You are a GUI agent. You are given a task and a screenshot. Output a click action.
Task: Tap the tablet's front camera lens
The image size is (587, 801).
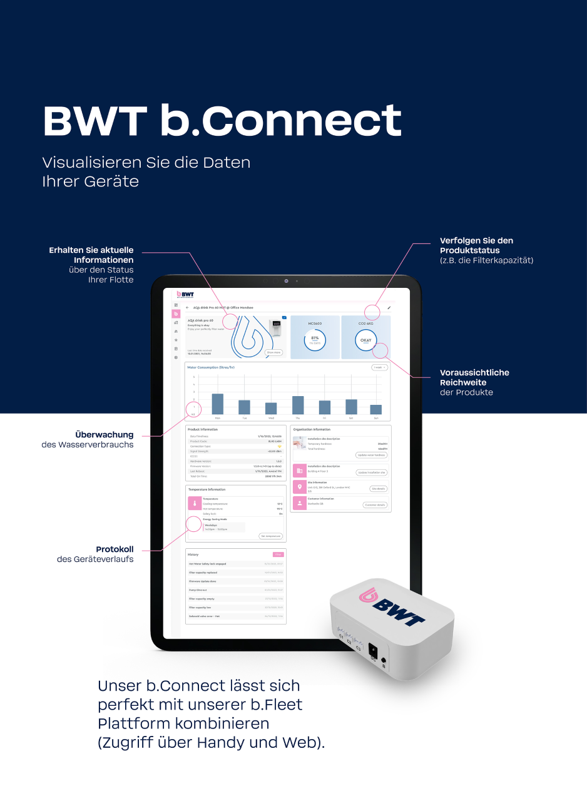pyautogui.click(x=286, y=281)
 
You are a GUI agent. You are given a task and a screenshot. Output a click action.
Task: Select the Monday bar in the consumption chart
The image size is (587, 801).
pyautogui.click(x=218, y=404)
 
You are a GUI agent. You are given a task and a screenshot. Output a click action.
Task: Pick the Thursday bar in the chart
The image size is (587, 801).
pyautogui.click(x=298, y=405)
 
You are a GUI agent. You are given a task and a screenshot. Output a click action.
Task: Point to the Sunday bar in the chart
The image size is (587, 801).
pyautogui.click(x=375, y=409)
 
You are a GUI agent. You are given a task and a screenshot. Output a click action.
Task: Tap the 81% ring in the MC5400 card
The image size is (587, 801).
pyautogui.click(x=315, y=340)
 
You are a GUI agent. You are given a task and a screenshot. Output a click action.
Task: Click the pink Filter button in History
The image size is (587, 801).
pyautogui.click(x=278, y=554)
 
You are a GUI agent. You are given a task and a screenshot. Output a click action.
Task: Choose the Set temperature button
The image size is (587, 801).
pyautogui.click(x=271, y=536)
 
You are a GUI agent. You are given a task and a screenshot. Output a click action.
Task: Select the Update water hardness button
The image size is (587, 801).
pyautogui.click(x=372, y=455)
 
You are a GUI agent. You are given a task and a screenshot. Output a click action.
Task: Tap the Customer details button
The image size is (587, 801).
pyautogui.click(x=375, y=504)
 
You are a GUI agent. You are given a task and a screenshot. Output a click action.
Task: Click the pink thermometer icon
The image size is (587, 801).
pyautogui.click(x=195, y=503)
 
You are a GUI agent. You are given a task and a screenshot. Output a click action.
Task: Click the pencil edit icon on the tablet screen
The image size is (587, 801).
pyautogui.click(x=389, y=308)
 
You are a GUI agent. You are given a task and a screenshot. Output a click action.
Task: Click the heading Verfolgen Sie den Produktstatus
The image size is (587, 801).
pyautogui.click(x=476, y=245)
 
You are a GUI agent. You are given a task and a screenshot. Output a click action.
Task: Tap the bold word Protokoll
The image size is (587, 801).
pyautogui.click(x=115, y=549)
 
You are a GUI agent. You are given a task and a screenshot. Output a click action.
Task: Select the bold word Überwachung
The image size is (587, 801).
pyautogui.click(x=104, y=434)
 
